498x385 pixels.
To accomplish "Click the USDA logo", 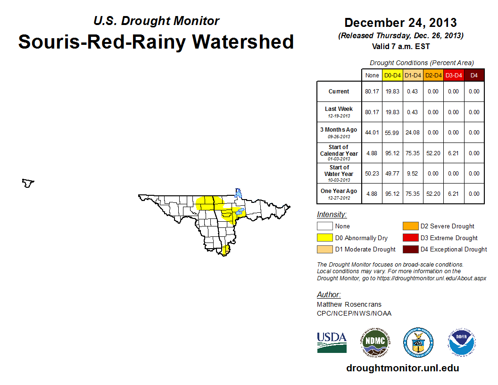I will pyautogui.click(x=332, y=342).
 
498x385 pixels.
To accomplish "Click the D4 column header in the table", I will pyautogui.click(x=474, y=75).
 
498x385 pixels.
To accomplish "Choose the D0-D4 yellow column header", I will pyautogui.click(x=392, y=75).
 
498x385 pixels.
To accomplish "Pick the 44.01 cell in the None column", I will pyautogui.click(x=372, y=133).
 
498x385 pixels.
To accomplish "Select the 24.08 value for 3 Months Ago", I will pyautogui.click(x=413, y=133).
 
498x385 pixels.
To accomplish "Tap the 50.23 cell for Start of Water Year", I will pyautogui.click(x=372, y=173).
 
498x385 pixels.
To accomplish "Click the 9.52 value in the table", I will pyautogui.click(x=413, y=173).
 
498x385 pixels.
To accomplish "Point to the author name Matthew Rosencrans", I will pyautogui.click(x=349, y=304).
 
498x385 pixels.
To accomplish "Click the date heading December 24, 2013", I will pyautogui.click(x=400, y=22).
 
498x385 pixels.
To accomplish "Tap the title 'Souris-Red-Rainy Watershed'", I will pyautogui.click(x=156, y=42).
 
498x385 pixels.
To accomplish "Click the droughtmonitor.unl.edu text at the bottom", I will pyautogui.click(x=402, y=368).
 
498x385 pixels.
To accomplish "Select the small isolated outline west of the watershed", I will pyautogui.click(x=28, y=183).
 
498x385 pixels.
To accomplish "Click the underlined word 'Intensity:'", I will pyautogui.click(x=332, y=215).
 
